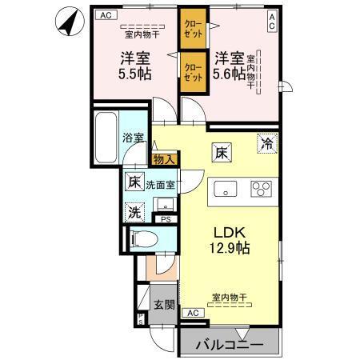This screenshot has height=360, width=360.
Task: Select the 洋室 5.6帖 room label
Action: pyautogui.click(x=229, y=66)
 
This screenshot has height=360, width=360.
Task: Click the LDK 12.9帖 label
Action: pyautogui.click(x=230, y=239)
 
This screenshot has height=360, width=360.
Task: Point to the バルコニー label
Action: pyautogui.click(x=230, y=346)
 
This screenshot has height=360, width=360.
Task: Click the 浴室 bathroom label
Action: pyautogui.click(x=134, y=138)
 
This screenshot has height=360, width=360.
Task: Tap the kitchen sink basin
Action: pyautogui.click(x=225, y=190)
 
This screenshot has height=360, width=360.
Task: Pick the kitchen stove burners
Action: pyautogui.click(x=262, y=190)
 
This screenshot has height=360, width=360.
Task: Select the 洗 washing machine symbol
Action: pyautogui.click(x=135, y=213)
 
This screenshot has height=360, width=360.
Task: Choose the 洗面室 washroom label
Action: pyautogui.click(x=160, y=185)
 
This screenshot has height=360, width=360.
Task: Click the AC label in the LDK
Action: pyautogui.click(x=192, y=314)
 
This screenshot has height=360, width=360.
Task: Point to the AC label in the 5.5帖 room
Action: pyautogui.click(x=105, y=15)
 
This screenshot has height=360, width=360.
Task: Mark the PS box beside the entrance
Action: pyautogui.click(x=141, y=318)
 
